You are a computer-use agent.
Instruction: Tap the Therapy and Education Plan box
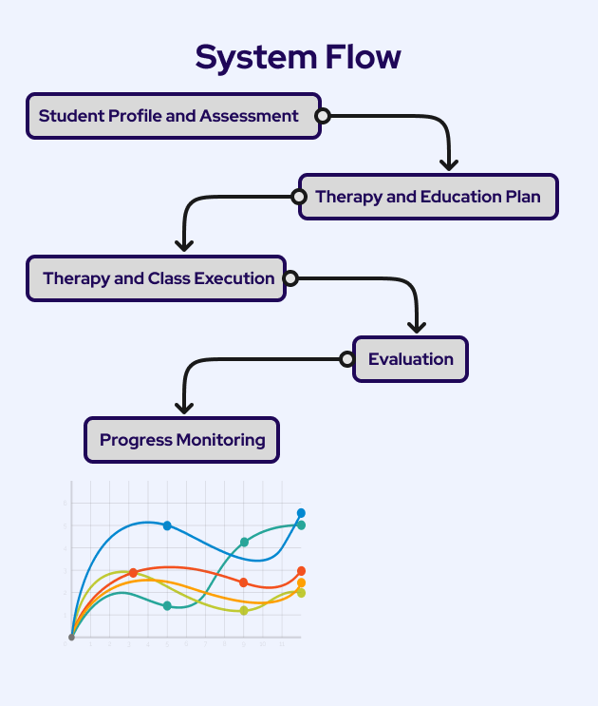pyautogui.click(x=428, y=197)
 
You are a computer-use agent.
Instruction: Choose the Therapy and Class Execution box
pyautogui.click(x=159, y=278)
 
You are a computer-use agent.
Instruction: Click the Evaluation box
pyautogui.click(x=411, y=359)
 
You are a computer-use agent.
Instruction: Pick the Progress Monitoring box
pyautogui.click(x=182, y=440)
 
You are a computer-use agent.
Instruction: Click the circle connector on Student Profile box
pyautogui.click(x=323, y=116)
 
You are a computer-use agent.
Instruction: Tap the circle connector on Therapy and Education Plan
pyautogui.click(x=299, y=197)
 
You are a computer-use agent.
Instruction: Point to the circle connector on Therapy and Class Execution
pyautogui.click(x=290, y=278)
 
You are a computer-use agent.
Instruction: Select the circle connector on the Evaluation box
pyautogui.click(x=347, y=359)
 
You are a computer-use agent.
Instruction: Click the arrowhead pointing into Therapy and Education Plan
pyautogui.click(x=449, y=162)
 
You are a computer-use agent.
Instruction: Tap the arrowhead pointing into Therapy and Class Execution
pyautogui.click(x=185, y=244)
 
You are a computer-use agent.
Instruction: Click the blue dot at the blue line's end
pyautogui.click(x=301, y=513)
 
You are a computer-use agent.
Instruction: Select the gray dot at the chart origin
pyautogui.click(x=71, y=637)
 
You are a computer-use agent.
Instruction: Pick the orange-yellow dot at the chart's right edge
pyautogui.click(x=301, y=582)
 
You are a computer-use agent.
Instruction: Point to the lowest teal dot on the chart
pyautogui.click(x=167, y=605)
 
